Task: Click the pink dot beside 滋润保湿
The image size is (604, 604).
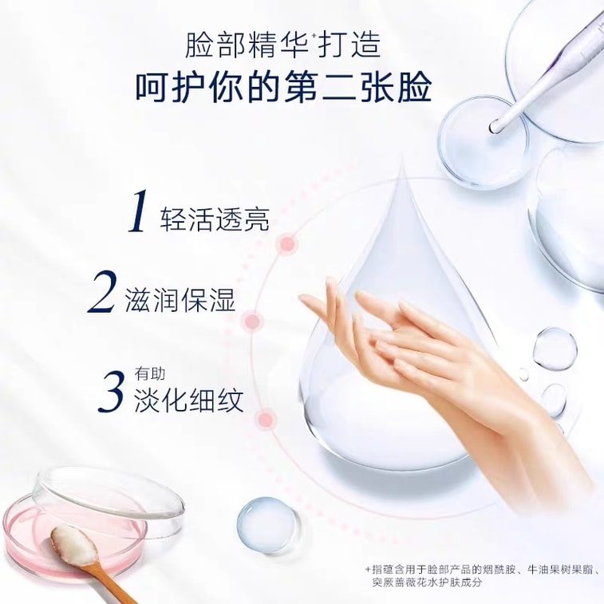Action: (x=254, y=321)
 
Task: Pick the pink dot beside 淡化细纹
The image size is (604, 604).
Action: (x=268, y=416)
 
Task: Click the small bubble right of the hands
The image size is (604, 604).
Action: (x=554, y=348)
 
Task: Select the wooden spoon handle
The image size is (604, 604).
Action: (x=120, y=589)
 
